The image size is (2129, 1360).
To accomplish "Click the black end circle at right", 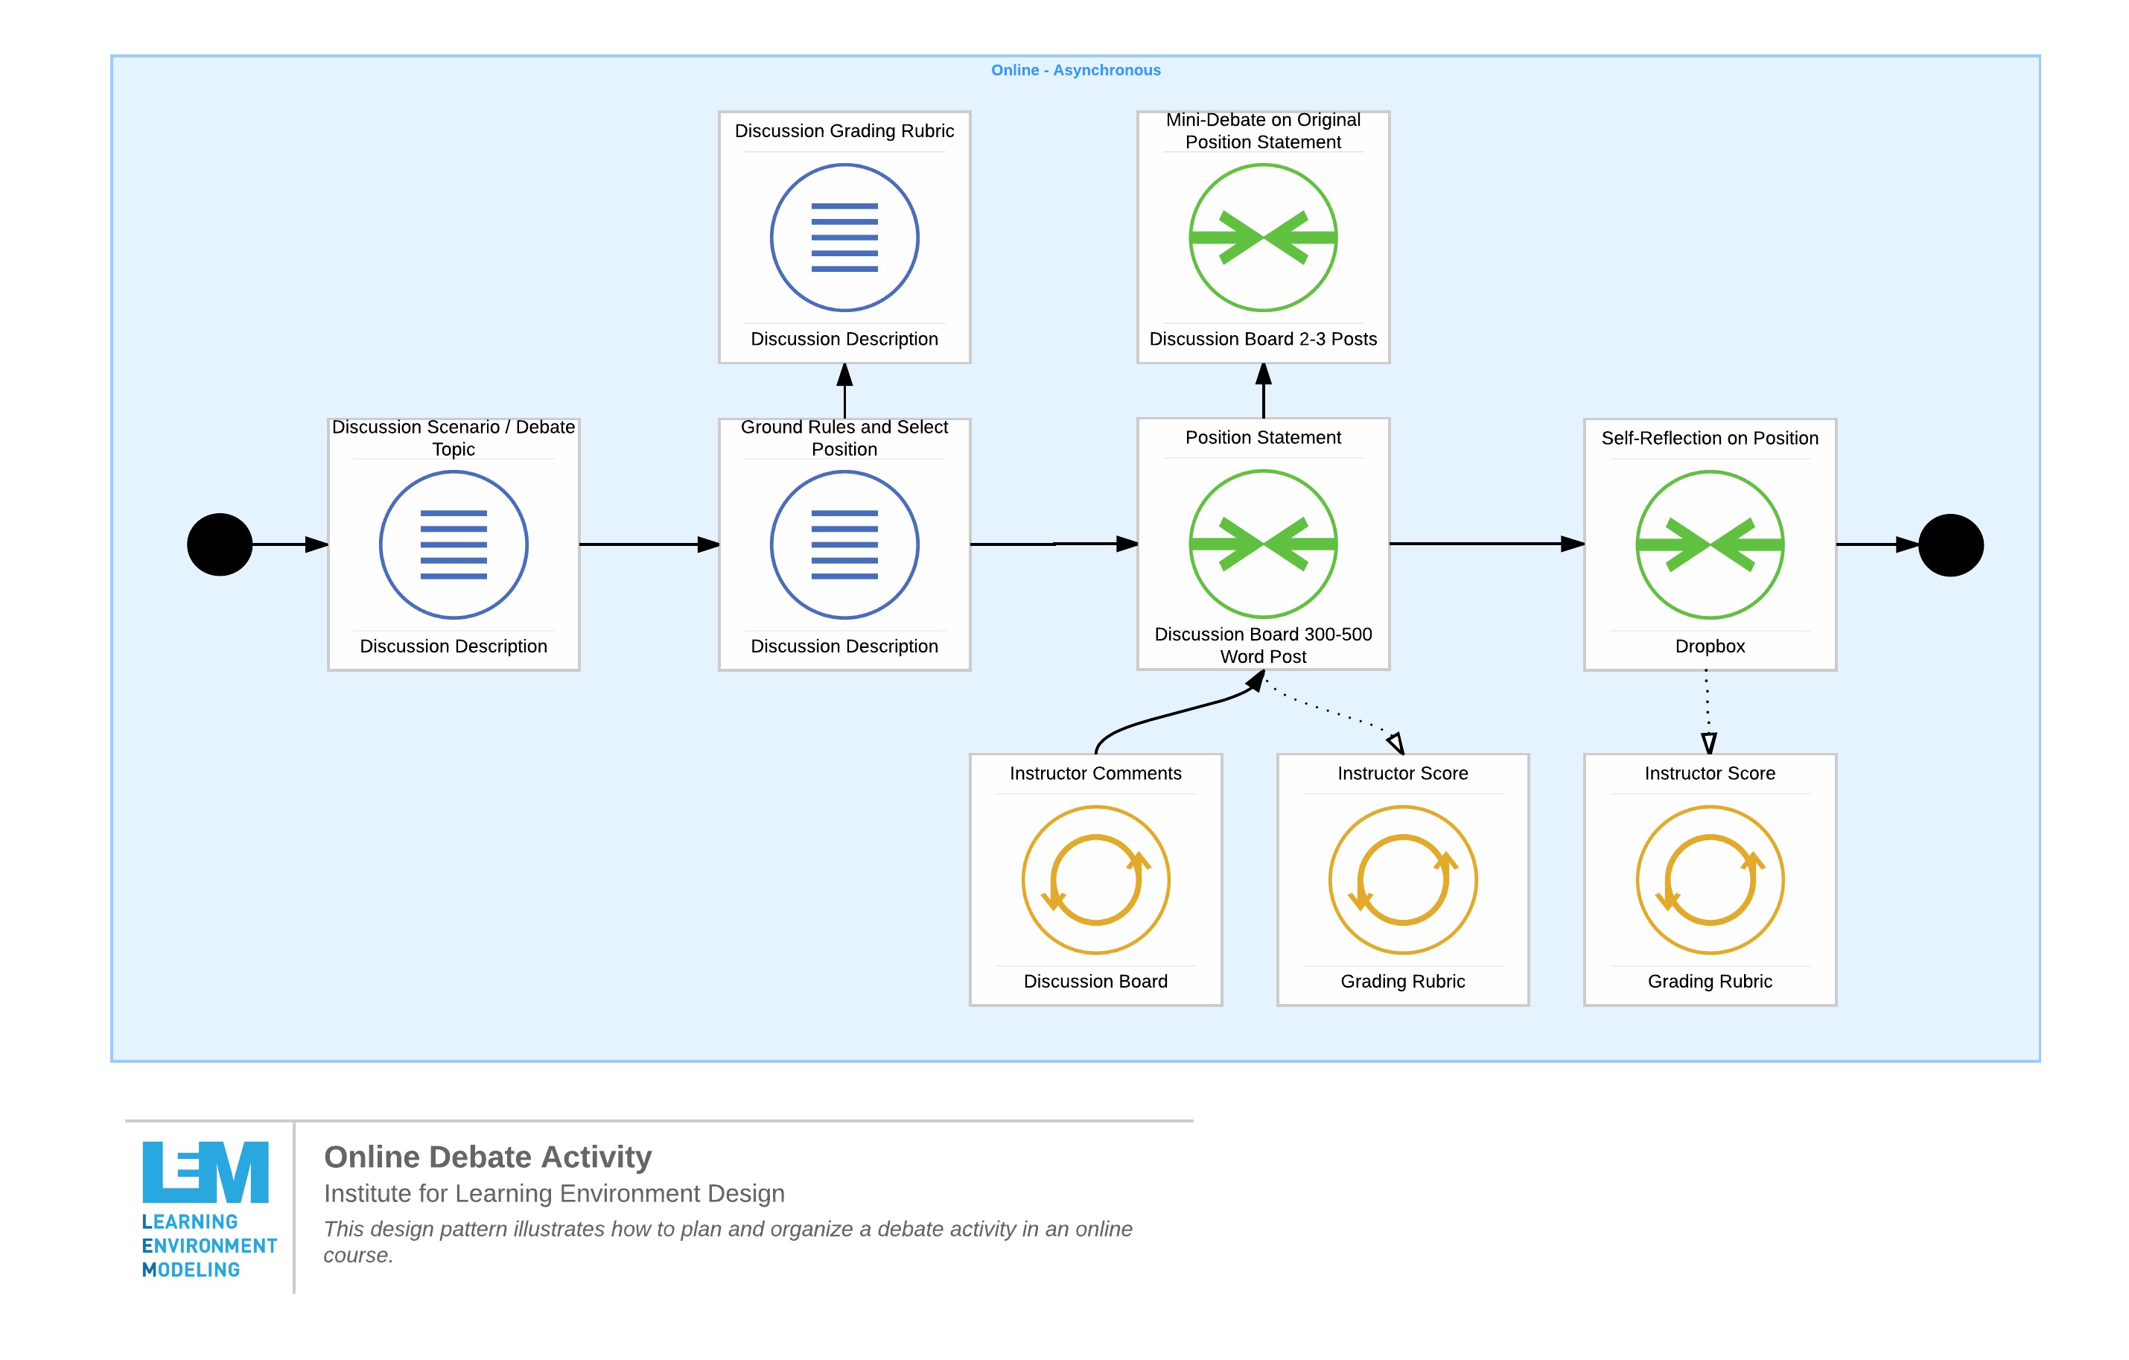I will point(1950,544).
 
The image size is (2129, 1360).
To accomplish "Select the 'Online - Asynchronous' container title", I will point(1075,70).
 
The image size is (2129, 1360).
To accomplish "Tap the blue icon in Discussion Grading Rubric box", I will point(844,237).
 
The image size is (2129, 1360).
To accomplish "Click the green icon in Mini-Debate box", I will point(1262,237).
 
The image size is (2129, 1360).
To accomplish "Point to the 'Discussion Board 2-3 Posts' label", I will point(1262,339).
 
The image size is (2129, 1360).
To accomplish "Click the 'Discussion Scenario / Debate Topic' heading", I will point(454,438).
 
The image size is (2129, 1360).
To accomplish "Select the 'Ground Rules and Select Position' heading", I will point(844,438).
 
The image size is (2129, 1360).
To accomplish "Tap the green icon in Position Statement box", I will point(1262,544).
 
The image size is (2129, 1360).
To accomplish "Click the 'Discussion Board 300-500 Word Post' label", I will point(1262,646).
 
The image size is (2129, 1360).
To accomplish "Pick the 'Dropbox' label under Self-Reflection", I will point(1709,646).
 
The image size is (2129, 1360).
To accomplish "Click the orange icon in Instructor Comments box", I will point(1095,880).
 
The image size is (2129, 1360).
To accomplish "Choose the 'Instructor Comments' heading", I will point(1095,773).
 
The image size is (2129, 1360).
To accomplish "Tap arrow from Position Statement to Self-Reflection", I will point(1486,544).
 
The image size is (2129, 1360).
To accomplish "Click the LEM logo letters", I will point(205,1172).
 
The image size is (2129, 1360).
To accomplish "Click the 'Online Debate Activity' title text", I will point(487,1157).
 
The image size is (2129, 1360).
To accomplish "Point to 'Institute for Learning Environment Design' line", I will point(553,1194).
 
